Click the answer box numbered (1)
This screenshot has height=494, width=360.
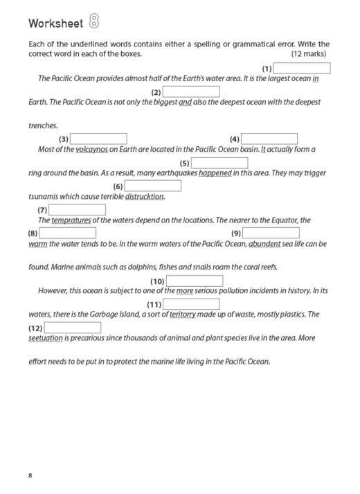[x=303, y=68]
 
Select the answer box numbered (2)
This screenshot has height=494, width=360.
[x=191, y=91]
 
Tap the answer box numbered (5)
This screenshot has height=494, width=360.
[x=219, y=163]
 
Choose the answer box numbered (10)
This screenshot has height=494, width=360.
[x=195, y=281]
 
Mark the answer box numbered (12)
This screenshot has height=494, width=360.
[x=73, y=328]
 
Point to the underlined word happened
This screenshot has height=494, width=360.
[x=215, y=173]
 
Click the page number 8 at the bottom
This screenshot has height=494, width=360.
[x=30, y=475]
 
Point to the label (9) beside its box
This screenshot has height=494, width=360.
[x=235, y=233]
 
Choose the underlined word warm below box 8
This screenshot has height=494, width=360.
[x=37, y=244]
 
